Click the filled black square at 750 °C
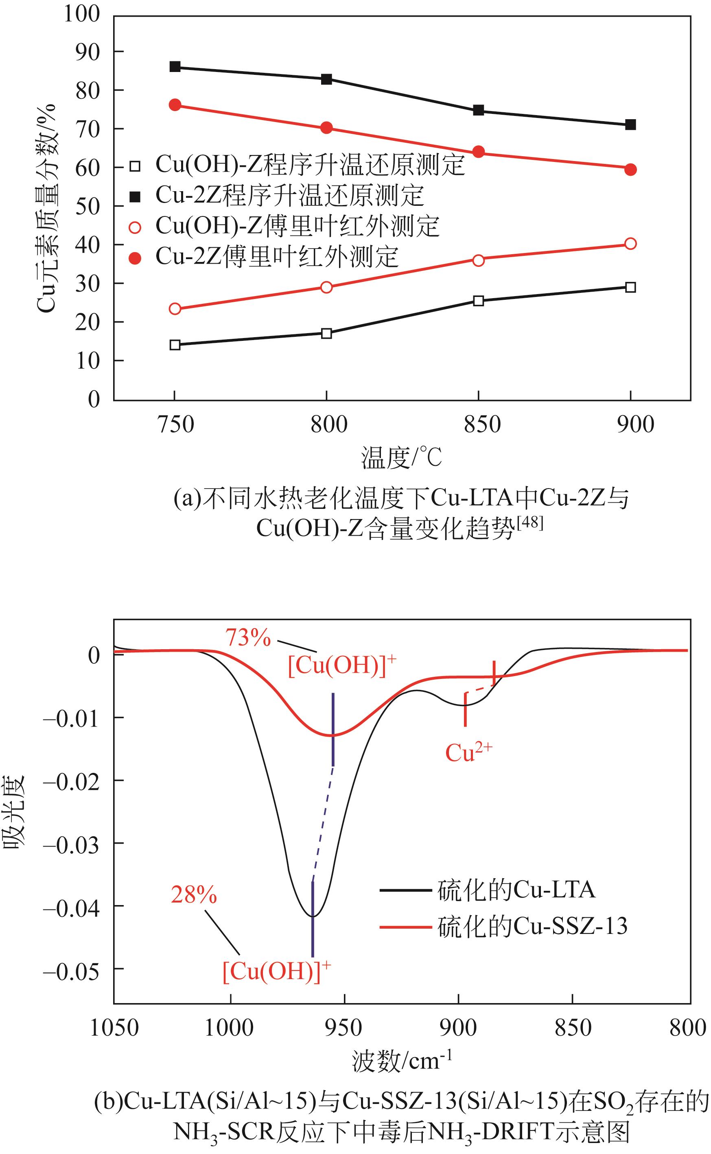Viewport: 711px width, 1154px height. pos(175,67)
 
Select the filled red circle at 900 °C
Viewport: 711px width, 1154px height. pos(630,170)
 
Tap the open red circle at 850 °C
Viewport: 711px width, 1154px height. pos(478,260)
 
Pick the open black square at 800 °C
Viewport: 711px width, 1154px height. pos(326,334)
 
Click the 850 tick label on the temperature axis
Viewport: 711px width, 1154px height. pos(482,425)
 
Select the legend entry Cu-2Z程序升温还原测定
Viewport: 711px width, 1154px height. pos(289,196)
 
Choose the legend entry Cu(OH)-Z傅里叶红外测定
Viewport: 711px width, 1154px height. pos(297,227)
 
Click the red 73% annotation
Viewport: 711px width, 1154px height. pos(248,638)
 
